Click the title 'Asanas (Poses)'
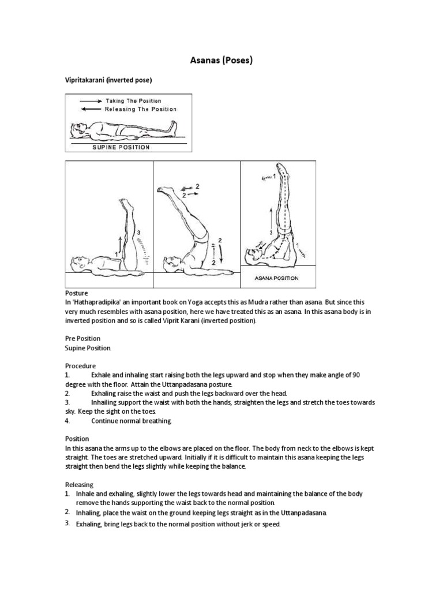[221, 60]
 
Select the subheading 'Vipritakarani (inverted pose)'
[108, 82]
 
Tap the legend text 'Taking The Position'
[133, 100]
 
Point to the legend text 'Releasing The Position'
[141, 109]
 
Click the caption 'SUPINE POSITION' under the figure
[121, 147]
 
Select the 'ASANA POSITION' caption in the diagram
[277, 278]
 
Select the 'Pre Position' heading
[82, 338]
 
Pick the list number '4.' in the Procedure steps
[67, 421]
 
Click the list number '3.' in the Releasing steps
[67, 523]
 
